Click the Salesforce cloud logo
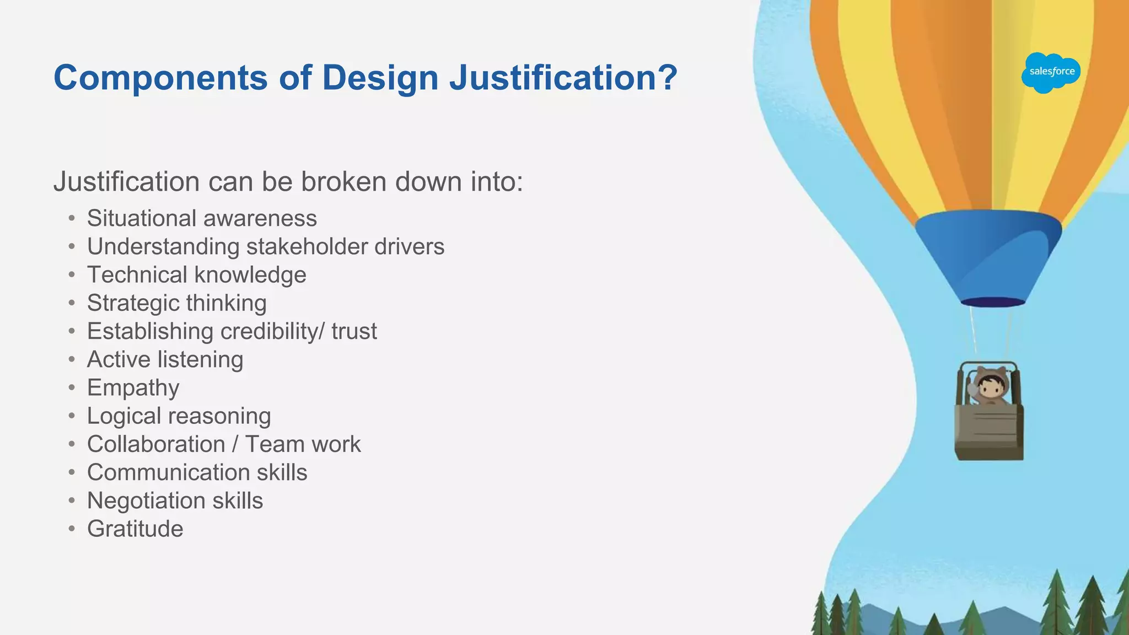(x=1051, y=72)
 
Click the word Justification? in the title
(x=563, y=77)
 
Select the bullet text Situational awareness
(x=202, y=218)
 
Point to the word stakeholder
(x=307, y=246)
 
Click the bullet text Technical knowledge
(x=196, y=275)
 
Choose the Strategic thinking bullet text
(x=176, y=303)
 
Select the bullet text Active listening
(x=165, y=359)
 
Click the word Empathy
(x=133, y=388)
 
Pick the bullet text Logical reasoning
(x=179, y=416)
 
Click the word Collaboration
(x=156, y=444)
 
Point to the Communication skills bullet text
(x=197, y=472)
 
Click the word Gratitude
(x=135, y=529)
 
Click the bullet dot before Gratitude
(x=72, y=529)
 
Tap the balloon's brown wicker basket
(x=990, y=433)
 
